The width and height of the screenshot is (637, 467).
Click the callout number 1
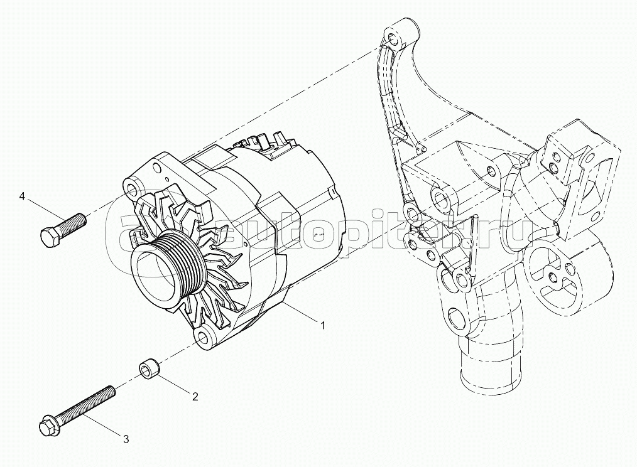(323, 325)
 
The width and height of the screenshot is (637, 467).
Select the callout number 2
(195, 396)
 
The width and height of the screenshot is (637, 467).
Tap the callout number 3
(126, 439)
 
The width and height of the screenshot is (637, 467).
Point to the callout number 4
(22, 197)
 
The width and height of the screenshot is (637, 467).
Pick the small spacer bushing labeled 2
(148, 369)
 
